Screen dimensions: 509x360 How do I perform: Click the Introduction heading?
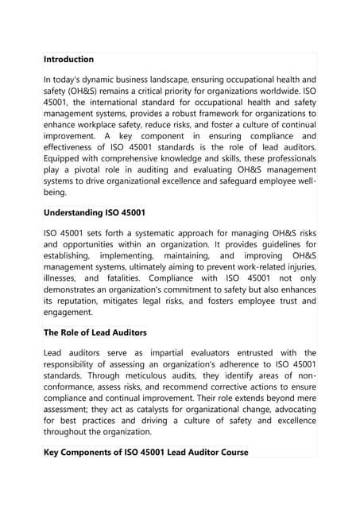(68, 60)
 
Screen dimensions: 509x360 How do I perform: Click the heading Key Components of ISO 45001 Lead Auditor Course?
(145, 452)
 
